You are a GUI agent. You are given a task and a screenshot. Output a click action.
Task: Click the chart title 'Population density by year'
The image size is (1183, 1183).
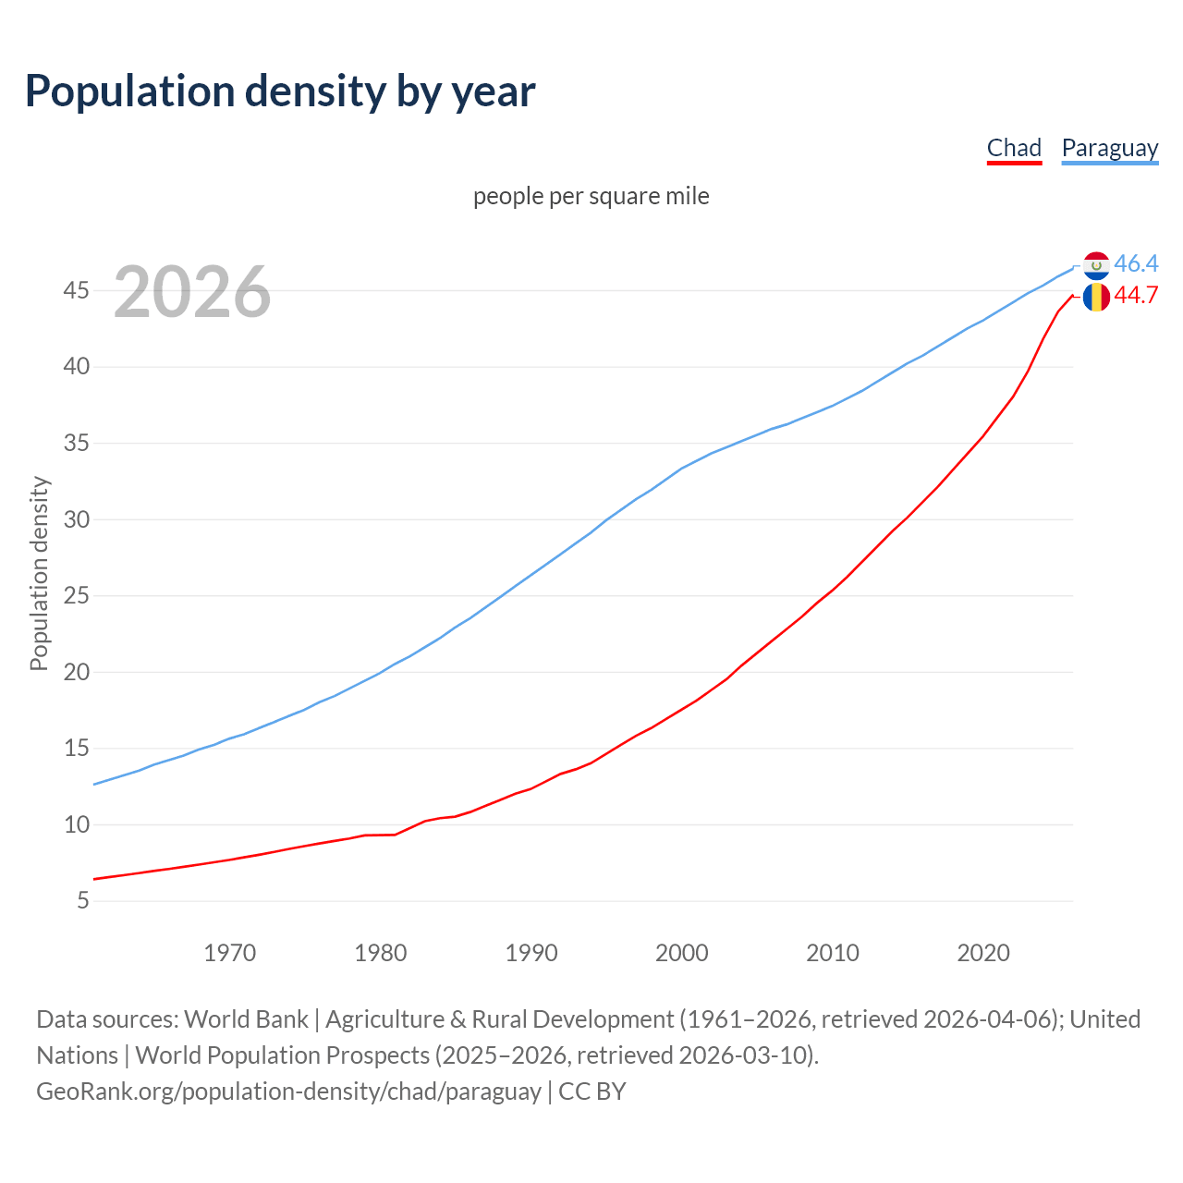pos(280,91)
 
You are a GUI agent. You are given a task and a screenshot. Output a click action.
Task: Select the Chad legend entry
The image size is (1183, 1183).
pos(1014,148)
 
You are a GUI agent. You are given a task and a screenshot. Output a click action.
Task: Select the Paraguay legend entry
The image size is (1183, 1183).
pos(1109,148)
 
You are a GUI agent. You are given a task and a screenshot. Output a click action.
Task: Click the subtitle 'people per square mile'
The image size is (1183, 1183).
pos(591,196)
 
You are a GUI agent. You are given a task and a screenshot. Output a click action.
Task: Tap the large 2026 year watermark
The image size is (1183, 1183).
pos(192,292)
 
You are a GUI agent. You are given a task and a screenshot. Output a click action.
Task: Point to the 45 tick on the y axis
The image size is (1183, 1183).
pos(77,291)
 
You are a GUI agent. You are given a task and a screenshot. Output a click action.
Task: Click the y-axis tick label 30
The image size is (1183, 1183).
pos(77,519)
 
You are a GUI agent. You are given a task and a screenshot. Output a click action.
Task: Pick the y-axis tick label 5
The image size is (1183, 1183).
pos(83,900)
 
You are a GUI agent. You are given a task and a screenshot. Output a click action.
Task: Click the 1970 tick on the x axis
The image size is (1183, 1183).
pos(229,953)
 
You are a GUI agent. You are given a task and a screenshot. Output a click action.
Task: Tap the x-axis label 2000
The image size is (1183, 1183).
pos(682,953)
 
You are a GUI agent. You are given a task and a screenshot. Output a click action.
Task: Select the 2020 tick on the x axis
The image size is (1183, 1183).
pos(983,953)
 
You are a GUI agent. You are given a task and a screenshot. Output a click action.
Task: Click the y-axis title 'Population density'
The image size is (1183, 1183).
pos(39,573)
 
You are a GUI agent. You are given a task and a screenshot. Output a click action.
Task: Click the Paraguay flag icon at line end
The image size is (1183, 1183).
pos(1096,265)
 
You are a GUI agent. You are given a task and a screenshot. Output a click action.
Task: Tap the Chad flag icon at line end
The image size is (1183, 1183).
pos(1096,297)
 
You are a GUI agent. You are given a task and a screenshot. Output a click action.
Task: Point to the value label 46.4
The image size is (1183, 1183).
pos(1136,264)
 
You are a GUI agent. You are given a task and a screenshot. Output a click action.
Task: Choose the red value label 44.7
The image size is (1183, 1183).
pos(1136,296)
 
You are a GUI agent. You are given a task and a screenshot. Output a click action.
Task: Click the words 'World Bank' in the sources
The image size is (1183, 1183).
pos(246,1019)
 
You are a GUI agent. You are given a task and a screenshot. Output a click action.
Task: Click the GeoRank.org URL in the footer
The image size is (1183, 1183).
pos(288,1092)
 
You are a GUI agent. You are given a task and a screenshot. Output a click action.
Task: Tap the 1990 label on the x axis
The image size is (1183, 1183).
pos(531,953)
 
